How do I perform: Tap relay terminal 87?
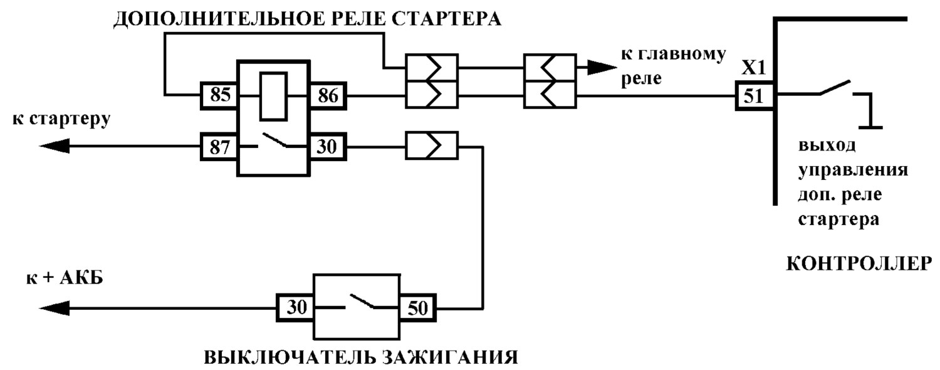tap(219, 147)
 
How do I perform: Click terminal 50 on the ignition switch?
tap(417, 308)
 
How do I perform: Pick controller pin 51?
tap(754, 96)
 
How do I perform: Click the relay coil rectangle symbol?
tap(274, 97)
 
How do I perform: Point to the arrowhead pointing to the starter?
tap(54, 147)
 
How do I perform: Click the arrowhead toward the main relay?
tap(602, 67)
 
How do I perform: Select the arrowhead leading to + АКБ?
tap(54, 309)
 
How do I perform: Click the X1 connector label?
tap(753, 68)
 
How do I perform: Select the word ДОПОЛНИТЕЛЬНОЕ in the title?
tap(217, 19)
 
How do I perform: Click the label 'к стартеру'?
tap(61, 119)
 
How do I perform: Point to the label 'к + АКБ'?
tap(65, 278)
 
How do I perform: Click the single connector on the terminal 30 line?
tap(431, 145)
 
